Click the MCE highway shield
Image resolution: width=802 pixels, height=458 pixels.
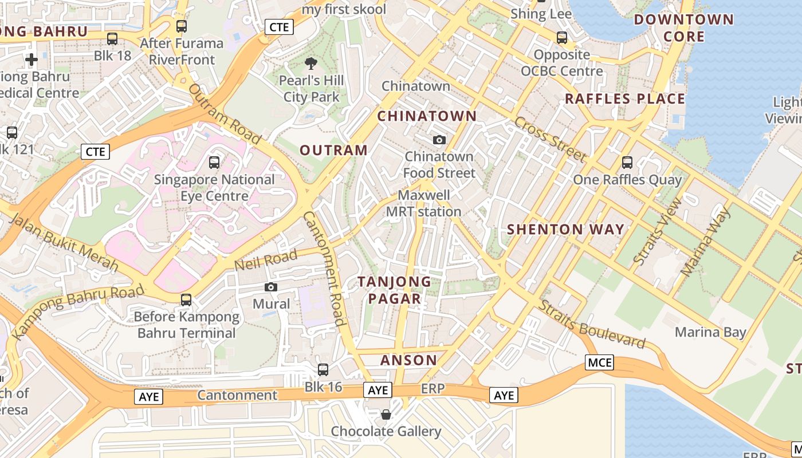[600, 362]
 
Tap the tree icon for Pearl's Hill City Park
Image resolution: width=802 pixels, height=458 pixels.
[311, 64]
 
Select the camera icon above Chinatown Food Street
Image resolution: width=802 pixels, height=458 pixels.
[439, 140]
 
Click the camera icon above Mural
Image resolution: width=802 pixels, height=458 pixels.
[271, 287]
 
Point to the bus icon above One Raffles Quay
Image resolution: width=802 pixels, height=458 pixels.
[627, 163]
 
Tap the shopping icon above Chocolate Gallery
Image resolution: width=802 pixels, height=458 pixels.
[386, 414]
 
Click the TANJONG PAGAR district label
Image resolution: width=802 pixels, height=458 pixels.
[394, 290]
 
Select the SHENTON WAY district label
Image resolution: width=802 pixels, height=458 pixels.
[565, 230]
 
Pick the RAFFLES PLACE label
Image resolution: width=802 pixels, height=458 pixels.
[625, 98]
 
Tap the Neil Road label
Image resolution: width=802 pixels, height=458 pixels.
[266, 260]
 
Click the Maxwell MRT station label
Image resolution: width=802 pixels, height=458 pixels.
[423, 203]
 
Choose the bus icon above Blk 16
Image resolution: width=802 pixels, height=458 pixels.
[323, 370]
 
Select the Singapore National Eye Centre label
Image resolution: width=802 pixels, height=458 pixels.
[214, 188]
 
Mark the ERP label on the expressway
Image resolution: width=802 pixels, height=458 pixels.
[433, 389]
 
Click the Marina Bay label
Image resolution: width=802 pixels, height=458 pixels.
[710, 332]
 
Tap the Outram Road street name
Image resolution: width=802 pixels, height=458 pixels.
[224, 114]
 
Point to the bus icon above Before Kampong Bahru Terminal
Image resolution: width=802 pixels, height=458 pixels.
[186, 299]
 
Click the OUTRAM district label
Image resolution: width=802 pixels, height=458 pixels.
[333, 151]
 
